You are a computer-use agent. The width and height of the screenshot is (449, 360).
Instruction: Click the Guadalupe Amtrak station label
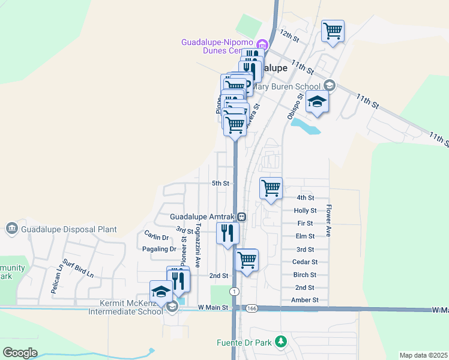coord(203,217)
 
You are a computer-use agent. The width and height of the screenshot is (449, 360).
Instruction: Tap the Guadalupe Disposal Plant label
coord(68,229)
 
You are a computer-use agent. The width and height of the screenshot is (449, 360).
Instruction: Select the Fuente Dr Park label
coord(244,343)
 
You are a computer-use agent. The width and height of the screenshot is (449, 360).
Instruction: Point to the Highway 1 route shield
coord(234,291)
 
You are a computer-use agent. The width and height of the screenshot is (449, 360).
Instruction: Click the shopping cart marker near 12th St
coord(333,31)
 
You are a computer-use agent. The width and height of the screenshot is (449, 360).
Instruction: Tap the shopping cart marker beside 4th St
coord(271,188)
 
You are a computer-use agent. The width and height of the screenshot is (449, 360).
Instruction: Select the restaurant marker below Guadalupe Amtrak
coord(228,232)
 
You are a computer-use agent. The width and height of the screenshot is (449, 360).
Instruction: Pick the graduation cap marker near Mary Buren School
coord(317,102)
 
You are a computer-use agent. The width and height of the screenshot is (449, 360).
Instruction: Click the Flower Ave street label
coord(329,221)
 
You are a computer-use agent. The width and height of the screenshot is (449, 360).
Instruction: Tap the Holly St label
coord(305,211)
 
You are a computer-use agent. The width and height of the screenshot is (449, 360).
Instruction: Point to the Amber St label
coord(305,300)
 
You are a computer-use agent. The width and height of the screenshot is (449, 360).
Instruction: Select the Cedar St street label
coord(305,262)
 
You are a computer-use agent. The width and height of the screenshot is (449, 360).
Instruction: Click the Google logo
coord(20,353)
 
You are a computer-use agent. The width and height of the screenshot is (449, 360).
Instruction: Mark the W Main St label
coord(214,308)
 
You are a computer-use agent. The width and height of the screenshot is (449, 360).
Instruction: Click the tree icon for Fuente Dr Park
coord(280,342)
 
